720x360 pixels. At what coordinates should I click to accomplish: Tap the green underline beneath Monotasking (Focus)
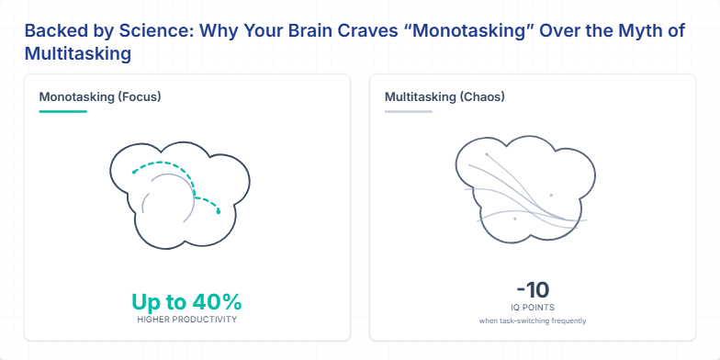(x=62, y=111)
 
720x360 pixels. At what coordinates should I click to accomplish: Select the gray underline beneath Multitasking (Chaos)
(x=408, y=111)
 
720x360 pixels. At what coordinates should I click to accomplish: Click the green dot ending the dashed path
(x=219, y=212)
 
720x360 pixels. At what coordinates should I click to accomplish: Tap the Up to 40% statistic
(x=186, y=301)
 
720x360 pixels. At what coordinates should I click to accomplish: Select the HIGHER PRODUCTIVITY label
(x=186, y=320)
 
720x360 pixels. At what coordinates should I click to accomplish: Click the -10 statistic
(x=533, y=289)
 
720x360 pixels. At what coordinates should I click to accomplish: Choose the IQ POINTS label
(x=533, y=308)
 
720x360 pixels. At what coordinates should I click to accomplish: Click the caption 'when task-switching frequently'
(x=533, y=321)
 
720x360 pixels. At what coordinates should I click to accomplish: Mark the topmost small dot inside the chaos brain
(x=487, y=154)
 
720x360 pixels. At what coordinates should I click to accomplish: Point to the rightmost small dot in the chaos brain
(x=551, y=195)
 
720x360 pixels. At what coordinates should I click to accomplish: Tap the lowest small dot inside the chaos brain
(x=515, y=219)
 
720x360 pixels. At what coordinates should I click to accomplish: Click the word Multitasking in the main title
(x=77, y=54)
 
